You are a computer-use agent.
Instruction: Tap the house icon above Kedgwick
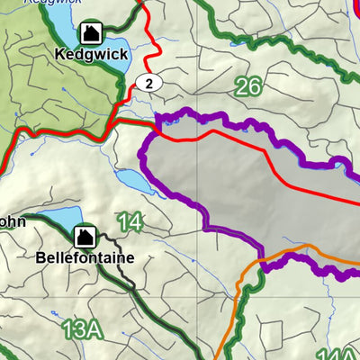point(90,34)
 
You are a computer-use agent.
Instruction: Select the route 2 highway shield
point(150,83)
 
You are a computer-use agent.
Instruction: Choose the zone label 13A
point(81,329)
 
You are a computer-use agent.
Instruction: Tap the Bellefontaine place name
point(85,257)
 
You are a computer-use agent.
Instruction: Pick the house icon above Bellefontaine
point(85,237)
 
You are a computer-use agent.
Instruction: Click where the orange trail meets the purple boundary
point(261,265)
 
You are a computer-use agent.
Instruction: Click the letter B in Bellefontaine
point(40,257)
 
